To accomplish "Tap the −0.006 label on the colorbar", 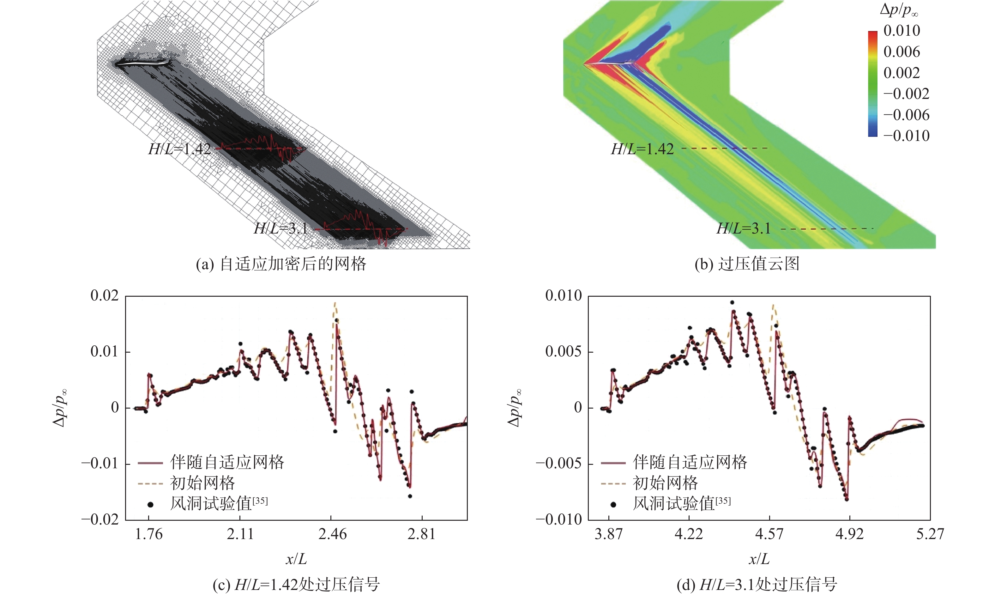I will (906, 115).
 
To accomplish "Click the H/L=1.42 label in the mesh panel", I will (179, 149).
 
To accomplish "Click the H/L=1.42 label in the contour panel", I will (642, 149).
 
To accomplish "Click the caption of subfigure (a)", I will (281, 264).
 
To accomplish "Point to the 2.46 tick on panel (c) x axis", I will (332, 534).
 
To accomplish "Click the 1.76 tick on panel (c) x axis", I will (149, 534).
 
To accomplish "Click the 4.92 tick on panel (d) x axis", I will (849, 534).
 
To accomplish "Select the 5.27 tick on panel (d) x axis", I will (930, 534).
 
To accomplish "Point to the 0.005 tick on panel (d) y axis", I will (563, 352).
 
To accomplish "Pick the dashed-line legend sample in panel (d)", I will (613, 483).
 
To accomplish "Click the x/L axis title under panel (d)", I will (759, 559).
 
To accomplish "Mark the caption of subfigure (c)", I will (296, 585).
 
